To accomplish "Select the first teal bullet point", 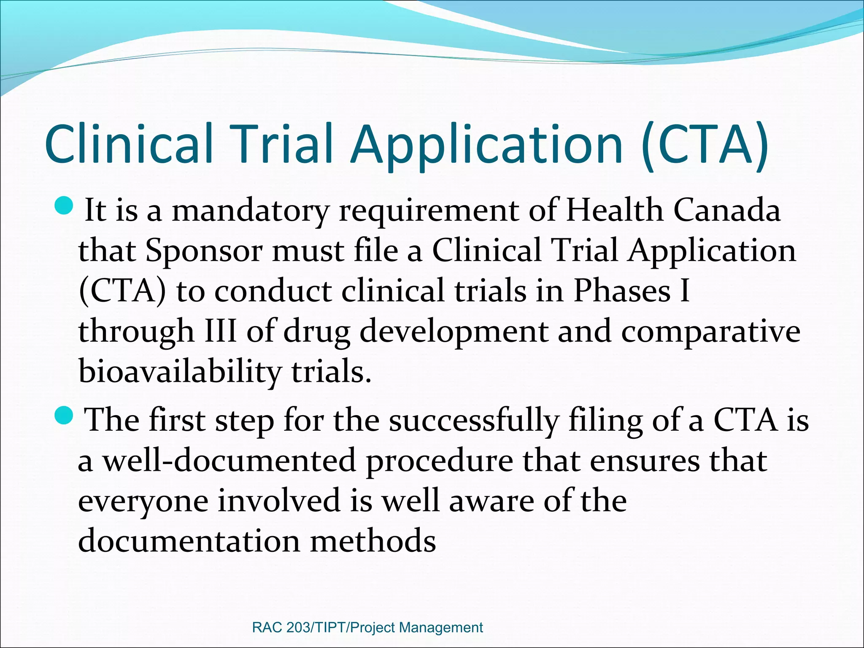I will click(x=64, y=206).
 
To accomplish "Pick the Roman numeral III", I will click(x=220, y=331).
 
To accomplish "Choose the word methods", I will click(x=373, y=541).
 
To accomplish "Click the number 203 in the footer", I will click(x=298, y=627).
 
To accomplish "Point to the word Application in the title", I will click(x=486, y=144).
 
